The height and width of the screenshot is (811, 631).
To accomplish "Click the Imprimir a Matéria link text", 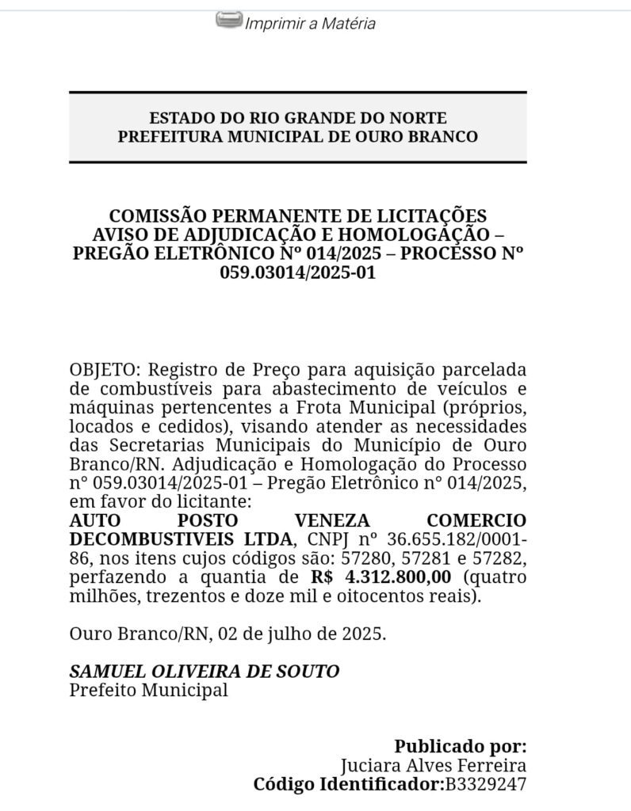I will click(310, 24).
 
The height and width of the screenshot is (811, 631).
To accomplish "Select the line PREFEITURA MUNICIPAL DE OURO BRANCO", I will click(298, 136).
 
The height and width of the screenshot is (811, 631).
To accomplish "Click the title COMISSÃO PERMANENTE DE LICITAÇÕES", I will click(298, 215).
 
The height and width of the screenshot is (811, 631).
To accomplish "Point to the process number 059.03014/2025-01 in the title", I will click(298, 272).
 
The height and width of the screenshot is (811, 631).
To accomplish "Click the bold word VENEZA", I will click(332, 521).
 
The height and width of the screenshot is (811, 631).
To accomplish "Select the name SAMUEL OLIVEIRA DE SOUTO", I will click(205, 672).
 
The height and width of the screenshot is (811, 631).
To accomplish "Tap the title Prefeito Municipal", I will click(148, 690).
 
